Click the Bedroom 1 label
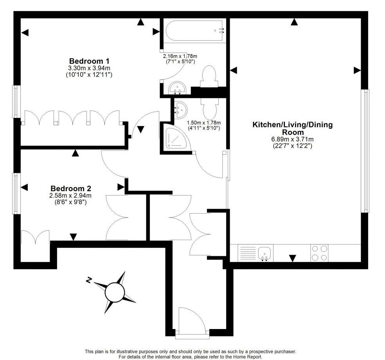[x=89, y=61]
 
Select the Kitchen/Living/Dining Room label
[x=292, y=128]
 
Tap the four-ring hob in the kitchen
[x=319, y=253]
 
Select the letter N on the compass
[x=89, y=280]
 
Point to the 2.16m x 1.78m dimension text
[x=180, y=56]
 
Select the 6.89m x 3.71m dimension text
[x=292, y=139]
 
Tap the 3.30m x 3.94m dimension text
[x=89, y=68]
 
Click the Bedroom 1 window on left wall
[x=16, y=101]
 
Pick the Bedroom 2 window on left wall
[x=16, y=193]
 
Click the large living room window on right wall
[x=365, y=151]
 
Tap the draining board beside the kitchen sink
[x=247, y=253]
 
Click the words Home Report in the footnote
[x=246, y=357]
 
